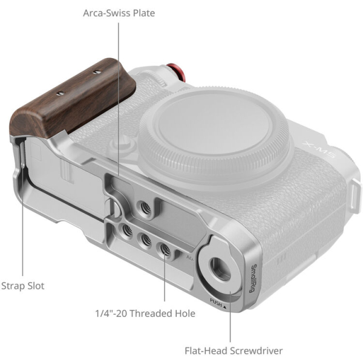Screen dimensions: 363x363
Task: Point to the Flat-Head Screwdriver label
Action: [x=234, y=350]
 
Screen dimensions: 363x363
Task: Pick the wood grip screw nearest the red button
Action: [x=97, y=73]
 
